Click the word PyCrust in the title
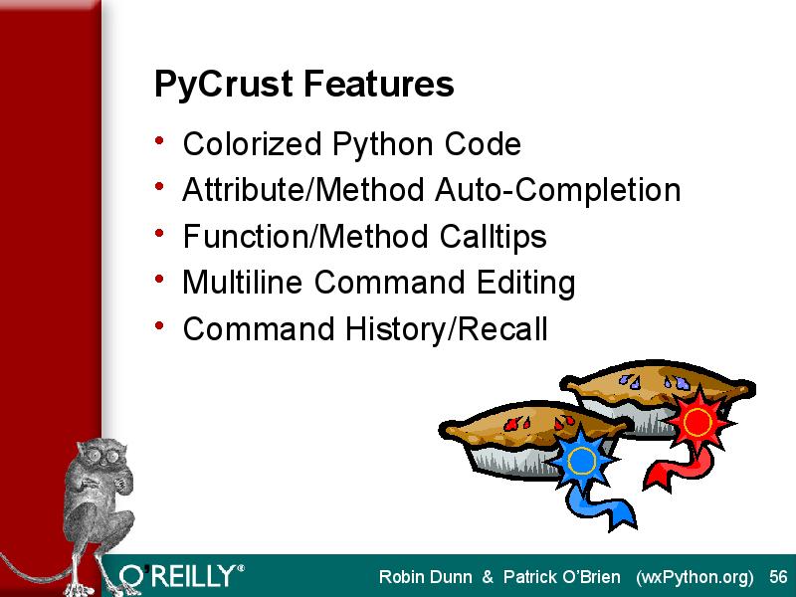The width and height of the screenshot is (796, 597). (x=223, y=85)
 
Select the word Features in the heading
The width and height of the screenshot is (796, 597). (x=378, y=84)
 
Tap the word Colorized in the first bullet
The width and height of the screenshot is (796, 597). (x=252, y=143)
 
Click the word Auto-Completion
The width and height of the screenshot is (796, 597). (x=557, y=190)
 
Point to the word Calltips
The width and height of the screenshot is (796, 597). (x=493, y=237)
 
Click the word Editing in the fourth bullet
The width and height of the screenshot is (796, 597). (x=525, y=283)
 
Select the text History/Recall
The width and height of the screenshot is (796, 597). (x=446, y=329)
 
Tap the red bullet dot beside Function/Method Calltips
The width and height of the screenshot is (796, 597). (x=159, y=233)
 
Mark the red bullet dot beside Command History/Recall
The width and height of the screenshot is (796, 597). (x=159, y=325)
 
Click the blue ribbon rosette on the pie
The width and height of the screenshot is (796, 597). (x=582, y=461)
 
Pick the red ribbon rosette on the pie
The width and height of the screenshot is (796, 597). (x=697, y=421)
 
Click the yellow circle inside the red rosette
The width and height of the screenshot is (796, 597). (x=697, y=422)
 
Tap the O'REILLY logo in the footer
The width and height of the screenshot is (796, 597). (x=181, y=577)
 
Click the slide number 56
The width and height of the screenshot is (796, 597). (x=778, y=577)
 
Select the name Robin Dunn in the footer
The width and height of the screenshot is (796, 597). (x=425, y=577)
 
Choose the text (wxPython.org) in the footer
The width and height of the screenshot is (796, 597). (x=695, y=578)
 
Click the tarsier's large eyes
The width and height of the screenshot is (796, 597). (x=104, y=455)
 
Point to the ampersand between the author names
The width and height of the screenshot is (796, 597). (x=488, y=577)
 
